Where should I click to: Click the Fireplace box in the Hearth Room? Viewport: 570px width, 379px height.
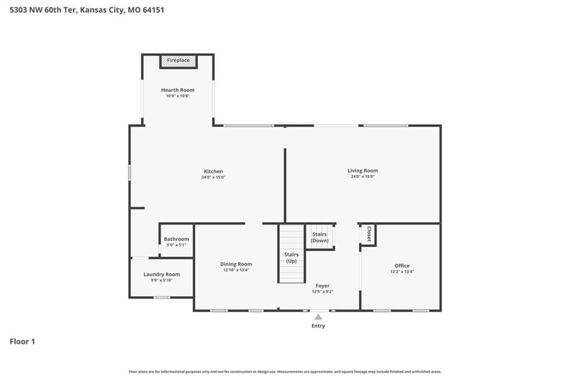(x=179, y=61)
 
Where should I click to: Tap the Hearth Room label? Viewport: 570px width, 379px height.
(x=178, y=90)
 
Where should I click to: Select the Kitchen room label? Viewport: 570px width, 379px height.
(x=213, y=171)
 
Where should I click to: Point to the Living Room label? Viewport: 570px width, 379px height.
(x=363, y=171)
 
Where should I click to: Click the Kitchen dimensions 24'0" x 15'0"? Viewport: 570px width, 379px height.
(x=213, y=178)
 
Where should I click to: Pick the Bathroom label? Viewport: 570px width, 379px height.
(x=176, y=239)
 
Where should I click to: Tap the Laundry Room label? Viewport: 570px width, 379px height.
(x=162, y=274)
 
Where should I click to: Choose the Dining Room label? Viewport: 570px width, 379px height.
(x=236, y=264)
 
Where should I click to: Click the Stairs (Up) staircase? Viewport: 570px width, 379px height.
(x=292, y=254)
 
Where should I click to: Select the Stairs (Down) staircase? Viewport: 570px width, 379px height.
(x=320, y=237)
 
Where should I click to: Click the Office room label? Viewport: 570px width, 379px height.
(x=402, y=265)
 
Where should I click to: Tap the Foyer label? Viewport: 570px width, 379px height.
(x=322, y=286)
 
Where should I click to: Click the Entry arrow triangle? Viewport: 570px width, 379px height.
(x=318, y=317)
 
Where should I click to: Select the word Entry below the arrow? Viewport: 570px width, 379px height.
(x=318, y=326)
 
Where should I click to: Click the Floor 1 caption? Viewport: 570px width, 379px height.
(x=22, y=342)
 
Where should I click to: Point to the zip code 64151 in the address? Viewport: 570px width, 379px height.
(x=154, y=10)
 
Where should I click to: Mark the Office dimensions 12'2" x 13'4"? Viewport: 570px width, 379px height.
(x=402, y=272)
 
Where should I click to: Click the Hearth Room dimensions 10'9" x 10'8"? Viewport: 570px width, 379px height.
(x=178, y=96)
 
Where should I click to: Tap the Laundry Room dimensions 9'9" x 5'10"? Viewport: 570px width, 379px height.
(x=162, y=280)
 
